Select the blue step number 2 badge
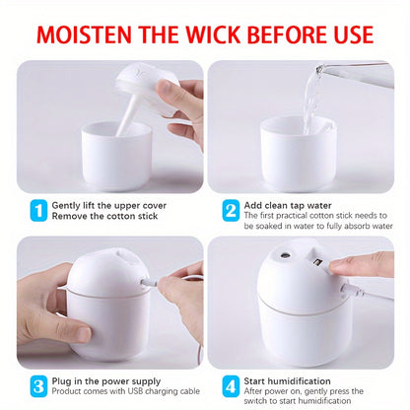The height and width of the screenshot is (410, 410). coord(230,210)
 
